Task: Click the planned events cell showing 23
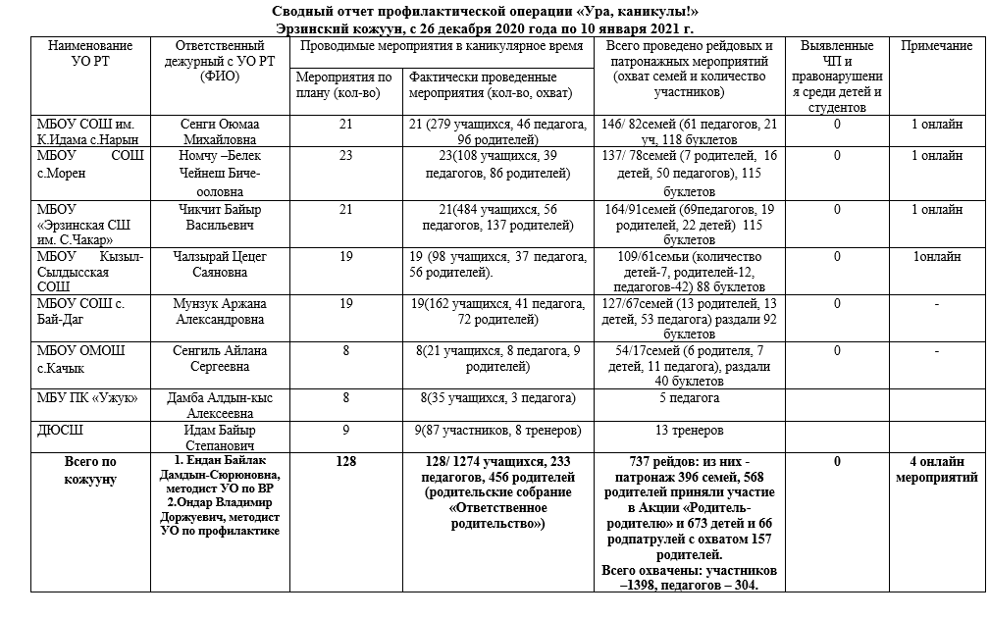(x=344, y=155)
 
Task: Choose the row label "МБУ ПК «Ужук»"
(x=86, y=397)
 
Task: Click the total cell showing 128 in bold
(x=344, y=462)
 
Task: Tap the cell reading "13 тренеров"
(x=689, y=431)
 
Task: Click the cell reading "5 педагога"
(x=689, y=397)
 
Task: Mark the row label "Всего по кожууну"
(x=89, y=469)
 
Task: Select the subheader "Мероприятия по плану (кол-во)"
(x=344, y=84)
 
